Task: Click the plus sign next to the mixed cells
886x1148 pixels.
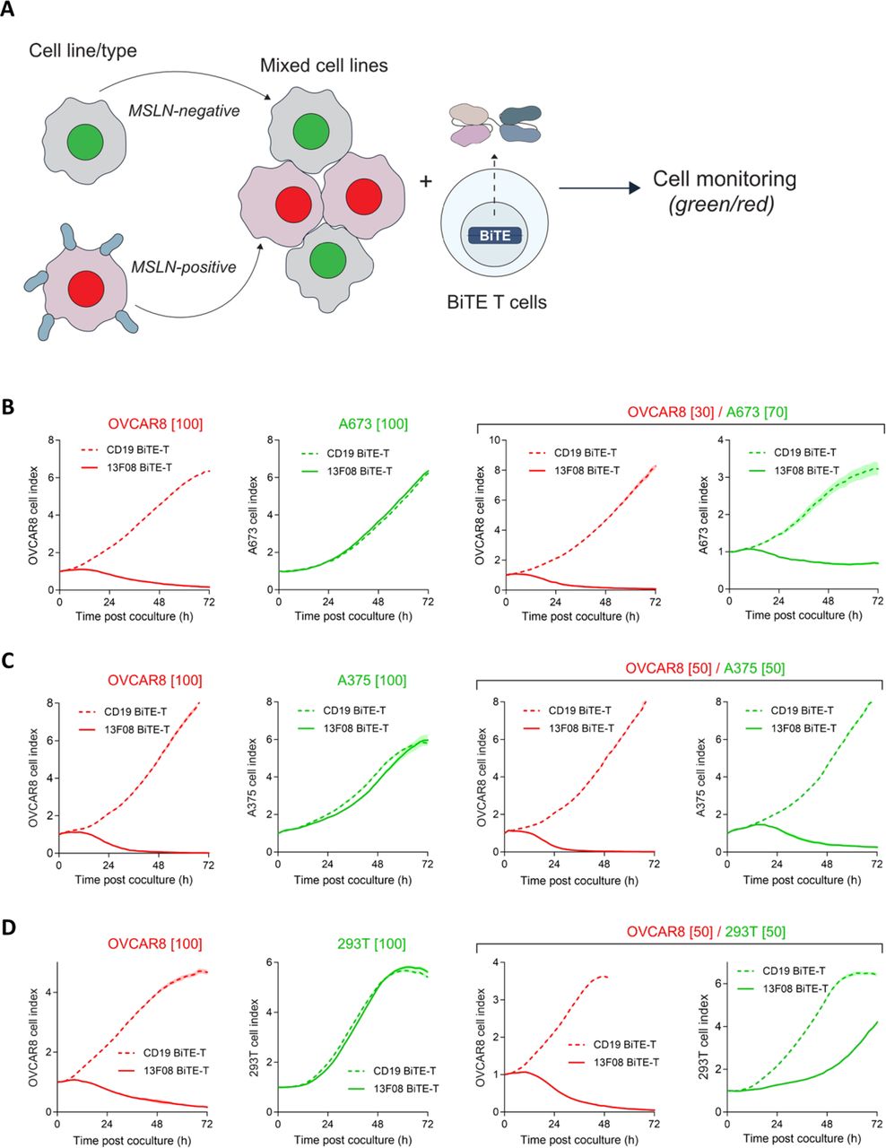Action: click(426, 182)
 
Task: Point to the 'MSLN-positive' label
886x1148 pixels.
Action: click(184, 266)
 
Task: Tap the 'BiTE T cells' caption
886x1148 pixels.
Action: click(496, 302)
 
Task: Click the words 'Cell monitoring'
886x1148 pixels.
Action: click(724, 178)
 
